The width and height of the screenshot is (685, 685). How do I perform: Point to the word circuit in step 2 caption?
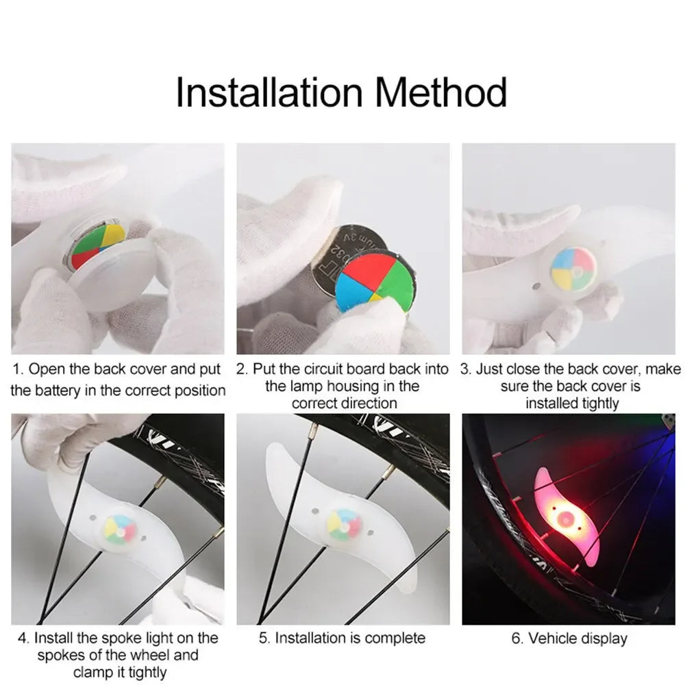322,370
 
